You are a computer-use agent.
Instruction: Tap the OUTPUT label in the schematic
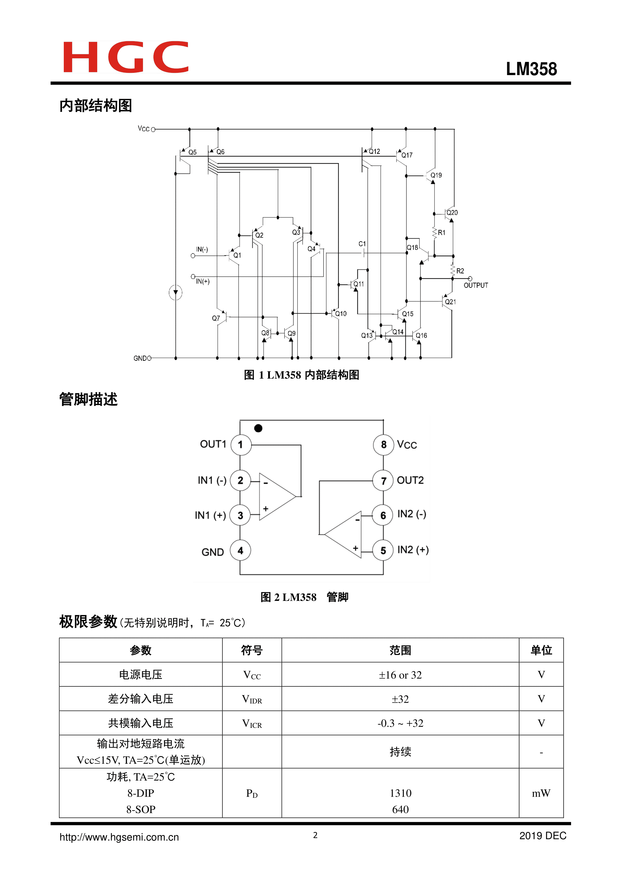tap(476, 286)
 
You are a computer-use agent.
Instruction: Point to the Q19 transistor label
tap(436, 175)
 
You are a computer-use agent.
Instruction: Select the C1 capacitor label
tap(362, 244)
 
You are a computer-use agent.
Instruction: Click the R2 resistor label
tap(460, 271)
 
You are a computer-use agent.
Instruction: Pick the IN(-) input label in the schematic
tap(202, 249)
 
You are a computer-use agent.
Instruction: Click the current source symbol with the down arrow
tap(176, 293)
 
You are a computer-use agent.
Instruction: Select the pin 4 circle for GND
tap(240, 550)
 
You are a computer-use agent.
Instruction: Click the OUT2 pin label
tap(410, 480)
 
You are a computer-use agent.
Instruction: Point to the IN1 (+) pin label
tap(210, 515)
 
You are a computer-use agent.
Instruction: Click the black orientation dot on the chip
tap(258, 428)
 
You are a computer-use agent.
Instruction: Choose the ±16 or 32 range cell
tap(400, 675)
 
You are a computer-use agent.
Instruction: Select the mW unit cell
tap(541, 793)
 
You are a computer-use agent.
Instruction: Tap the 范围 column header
tap(400, 650)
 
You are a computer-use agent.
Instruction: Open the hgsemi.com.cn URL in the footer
tap(119, 837)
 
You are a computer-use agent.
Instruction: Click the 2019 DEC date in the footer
tap(542, 836)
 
